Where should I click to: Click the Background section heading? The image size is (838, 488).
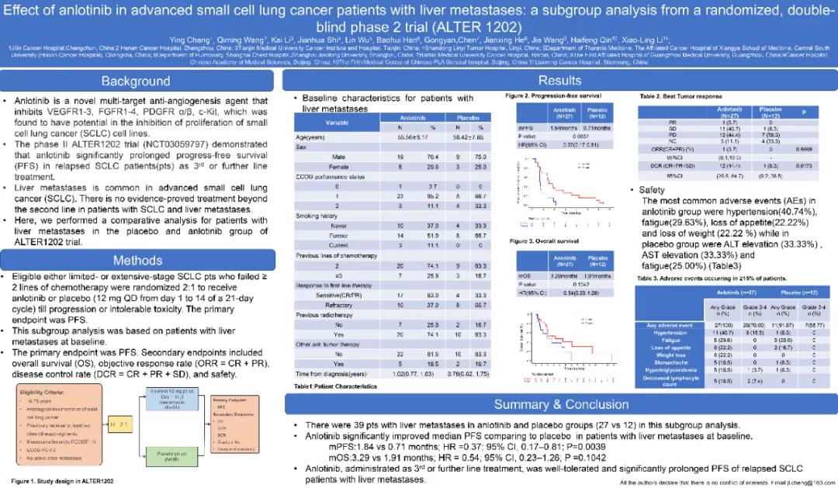tap(135, 81)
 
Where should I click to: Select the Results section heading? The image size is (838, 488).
tap(559, 81)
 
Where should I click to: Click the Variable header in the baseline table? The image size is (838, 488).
tap(336, 123)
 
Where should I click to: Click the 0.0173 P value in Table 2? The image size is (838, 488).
tap(806, 165)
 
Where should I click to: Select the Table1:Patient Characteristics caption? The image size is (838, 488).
tap(335, 386)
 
